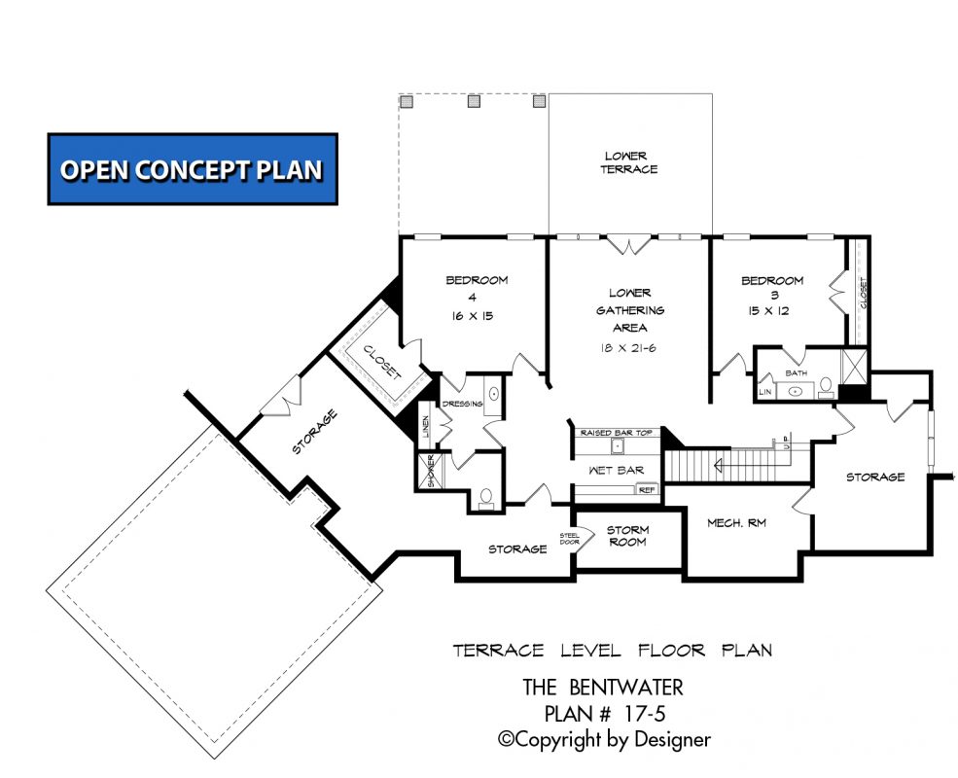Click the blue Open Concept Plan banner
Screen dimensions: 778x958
pyautogui.click(x=193, y=169)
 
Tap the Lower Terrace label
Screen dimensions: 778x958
pyautogui.click(x=630, y=162)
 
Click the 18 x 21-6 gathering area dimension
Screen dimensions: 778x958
pyautogui.click(x=629, y=347)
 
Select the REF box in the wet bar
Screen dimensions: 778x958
pyautogui.click(x=647, y=490)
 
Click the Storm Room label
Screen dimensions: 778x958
pyautogui.click(x=627, y=536)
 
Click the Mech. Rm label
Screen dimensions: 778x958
pyautogui.click(x=736, y=523)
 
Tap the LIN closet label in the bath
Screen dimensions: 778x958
pyautogui.click(x=765, y=391)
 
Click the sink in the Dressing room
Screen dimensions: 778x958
pyautogui.click(x=492, y=396)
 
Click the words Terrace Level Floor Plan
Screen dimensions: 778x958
pyautogui.click(x=612, y=650)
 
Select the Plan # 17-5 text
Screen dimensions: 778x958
pyautogui.click(x=603, y=713)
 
